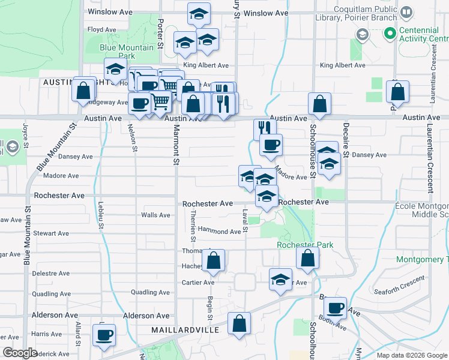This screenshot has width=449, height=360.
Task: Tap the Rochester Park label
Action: (305, 245)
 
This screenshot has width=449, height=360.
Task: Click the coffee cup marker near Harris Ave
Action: (104, 335)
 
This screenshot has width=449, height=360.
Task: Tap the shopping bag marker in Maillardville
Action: (239, 323)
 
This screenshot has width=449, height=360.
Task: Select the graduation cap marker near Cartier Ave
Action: (280, 280)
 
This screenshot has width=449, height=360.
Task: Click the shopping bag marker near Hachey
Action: (213, 260)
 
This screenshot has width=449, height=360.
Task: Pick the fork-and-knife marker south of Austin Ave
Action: (264, 128)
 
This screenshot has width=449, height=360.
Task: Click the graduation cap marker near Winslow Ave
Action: (199, 13)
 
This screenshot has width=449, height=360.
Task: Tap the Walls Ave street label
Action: (155, 215)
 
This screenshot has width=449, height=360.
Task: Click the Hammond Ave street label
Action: (219, 231)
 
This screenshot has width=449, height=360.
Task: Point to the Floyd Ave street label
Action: (101, 29)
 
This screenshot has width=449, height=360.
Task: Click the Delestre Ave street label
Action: (44, 272)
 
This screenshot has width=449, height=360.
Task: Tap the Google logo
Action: (20, 353)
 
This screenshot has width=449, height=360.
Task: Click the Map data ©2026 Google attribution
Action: (411, 355)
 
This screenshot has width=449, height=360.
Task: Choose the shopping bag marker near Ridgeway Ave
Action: (83, 91)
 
